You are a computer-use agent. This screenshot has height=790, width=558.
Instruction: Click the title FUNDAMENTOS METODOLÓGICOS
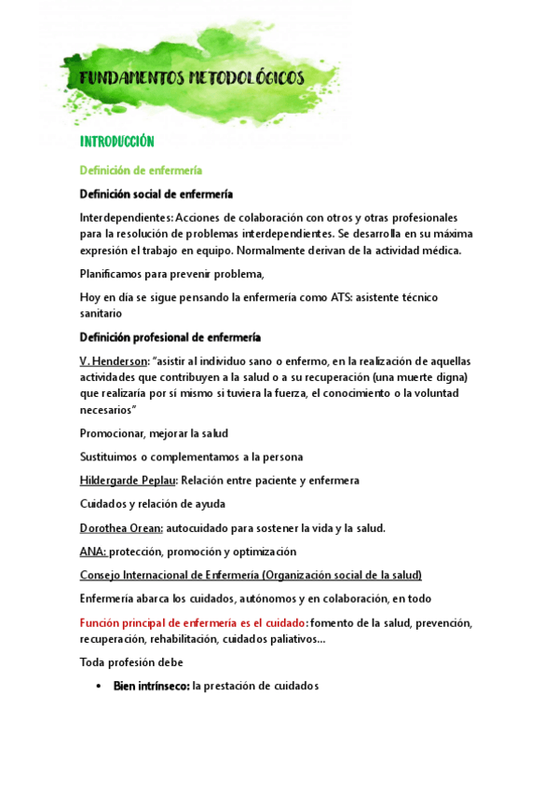pos(192,79)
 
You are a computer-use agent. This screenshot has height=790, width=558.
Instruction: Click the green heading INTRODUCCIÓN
pos(116,143)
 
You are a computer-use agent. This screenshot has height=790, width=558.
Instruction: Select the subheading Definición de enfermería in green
pos(141,170)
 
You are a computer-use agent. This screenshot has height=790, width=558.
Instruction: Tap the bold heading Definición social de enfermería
pos(157,194)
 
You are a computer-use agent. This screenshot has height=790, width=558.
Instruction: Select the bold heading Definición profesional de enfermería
pos(170,337)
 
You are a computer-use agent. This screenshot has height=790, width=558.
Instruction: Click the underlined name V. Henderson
pos(114,361)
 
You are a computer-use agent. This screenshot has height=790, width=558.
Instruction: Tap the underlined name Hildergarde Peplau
pos(128,480)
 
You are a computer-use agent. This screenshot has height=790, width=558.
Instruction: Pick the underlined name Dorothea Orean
pos(121,528)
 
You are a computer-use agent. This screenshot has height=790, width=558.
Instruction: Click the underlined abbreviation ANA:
pos(93,552)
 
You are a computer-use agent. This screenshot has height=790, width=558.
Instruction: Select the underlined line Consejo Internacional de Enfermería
pos(251,575)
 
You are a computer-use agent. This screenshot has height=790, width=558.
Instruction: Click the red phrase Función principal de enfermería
pos(193,622)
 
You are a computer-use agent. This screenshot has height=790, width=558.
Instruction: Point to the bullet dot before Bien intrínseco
pos(100,687)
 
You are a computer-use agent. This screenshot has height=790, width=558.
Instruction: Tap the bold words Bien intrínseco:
pos(151,687)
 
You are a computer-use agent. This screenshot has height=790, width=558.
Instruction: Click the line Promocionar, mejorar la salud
pos(154,433)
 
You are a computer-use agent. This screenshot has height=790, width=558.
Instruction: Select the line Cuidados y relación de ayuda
pos(152,504)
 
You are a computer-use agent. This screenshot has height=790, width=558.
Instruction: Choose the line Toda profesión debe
pos(131,662)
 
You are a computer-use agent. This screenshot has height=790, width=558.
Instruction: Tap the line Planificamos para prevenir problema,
pos(172,274)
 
